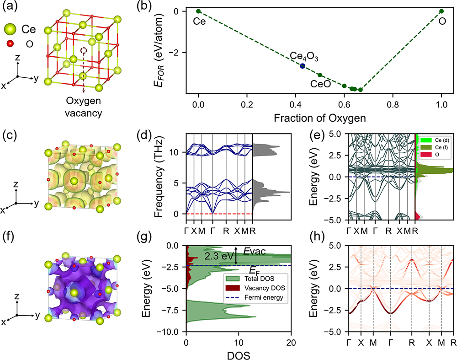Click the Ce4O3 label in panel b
[x=304, y=57]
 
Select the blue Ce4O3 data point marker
[x=303, y=66]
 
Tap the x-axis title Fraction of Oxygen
[x=320, y=117]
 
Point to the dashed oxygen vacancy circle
[x=83, y=52]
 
